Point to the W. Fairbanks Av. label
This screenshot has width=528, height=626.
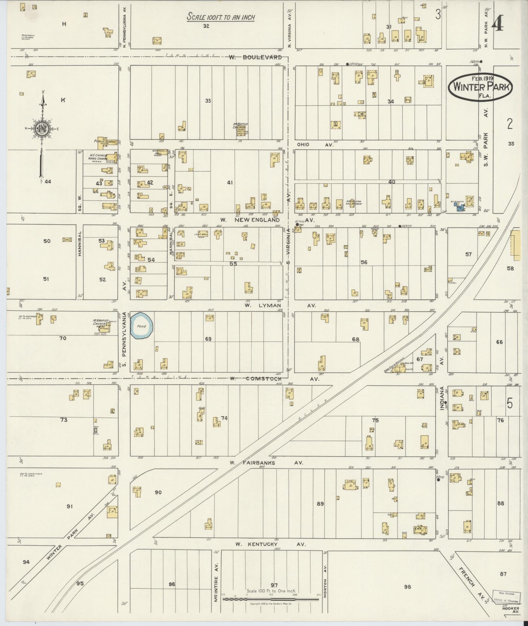coord(266,463)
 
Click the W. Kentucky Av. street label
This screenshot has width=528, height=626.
coord(270,544)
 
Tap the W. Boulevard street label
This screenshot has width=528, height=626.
coord(255,57)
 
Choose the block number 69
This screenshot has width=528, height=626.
coord(208,339)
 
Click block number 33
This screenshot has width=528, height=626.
coord(208,101)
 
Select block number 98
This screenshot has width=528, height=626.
coord(407,587)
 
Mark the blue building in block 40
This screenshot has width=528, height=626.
coord(460,207)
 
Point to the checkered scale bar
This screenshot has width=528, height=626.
coord(270,599)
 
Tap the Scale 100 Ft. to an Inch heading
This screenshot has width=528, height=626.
coord(221,17)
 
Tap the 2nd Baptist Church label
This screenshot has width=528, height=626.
coord(241,126)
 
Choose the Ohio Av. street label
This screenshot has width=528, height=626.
coord(315,144)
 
